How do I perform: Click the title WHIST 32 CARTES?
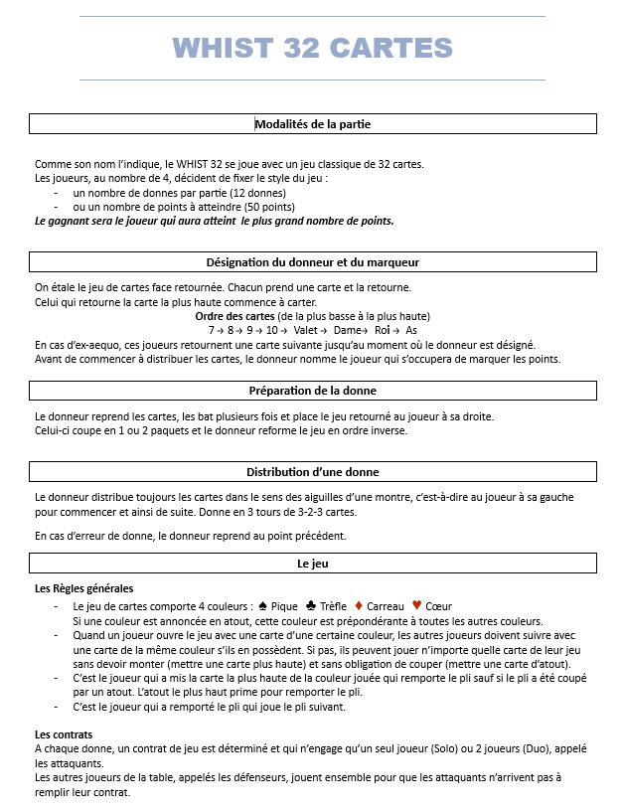tap(312, 47)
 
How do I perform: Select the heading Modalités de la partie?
tap(312, 124)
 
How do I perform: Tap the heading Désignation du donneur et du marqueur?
tap(312, 262)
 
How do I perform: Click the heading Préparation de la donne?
tap(312, 391)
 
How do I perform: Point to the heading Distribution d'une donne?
tap(312, 472)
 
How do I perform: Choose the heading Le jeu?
tap(312, 564)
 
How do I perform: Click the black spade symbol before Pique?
tap(262, 605)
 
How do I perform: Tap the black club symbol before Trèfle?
tap(311, 605)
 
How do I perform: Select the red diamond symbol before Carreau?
tap(359, 605)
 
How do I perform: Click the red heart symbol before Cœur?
tap(416, 605)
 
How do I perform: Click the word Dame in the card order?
tap(345, 330)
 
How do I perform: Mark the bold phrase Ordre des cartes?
tap(236, 316)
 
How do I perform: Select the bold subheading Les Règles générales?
tap(83, 589)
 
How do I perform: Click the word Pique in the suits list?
tap(284, 606)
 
